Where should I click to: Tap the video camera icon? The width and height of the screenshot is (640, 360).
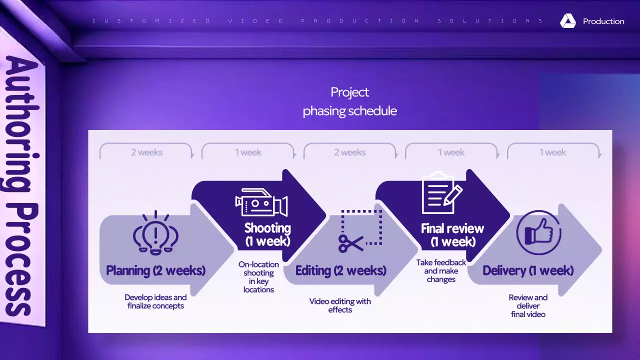coord(261,202)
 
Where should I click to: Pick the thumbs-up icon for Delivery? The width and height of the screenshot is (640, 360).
coord(538,233)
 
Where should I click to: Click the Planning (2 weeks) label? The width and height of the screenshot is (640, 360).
coord(155,271)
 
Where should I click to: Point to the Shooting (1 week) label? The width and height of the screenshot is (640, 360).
coord(267,234)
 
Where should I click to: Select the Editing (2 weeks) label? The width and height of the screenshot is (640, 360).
coord(340,271)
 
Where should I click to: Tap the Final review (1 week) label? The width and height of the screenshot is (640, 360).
coord(452,235)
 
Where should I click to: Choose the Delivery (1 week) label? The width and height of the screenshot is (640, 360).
coord(528,271)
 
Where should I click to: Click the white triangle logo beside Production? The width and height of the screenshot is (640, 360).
coord(568,21)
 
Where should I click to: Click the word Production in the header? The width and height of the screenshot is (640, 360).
coord(603,21)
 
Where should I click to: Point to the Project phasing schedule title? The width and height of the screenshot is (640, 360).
coord(349,101)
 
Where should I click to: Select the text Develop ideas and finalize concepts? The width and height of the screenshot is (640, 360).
coord(155,301)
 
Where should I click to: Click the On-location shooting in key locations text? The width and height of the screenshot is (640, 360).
coord(258,277)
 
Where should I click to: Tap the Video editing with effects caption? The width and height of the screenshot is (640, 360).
coord(340,305)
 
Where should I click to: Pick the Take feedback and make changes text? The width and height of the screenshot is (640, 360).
coord(441,271)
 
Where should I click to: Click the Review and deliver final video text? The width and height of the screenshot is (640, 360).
coord(528,306)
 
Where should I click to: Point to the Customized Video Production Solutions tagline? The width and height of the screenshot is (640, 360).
coord(317,21)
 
